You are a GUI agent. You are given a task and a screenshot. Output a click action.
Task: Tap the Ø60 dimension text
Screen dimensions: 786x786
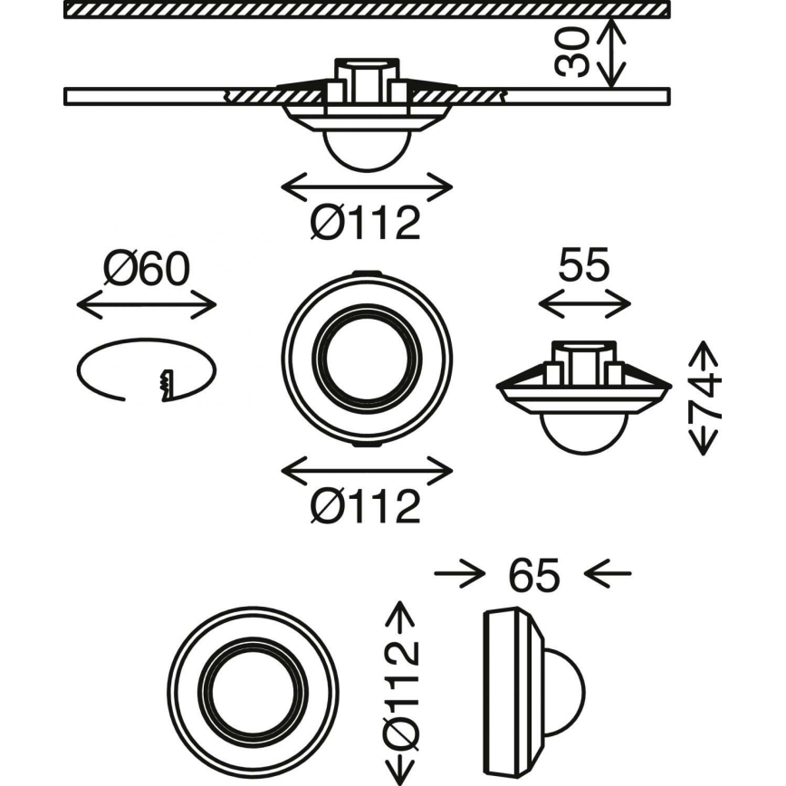(x=146, y=268)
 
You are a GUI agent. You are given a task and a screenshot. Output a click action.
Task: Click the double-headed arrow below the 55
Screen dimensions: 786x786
(x=584, y=304)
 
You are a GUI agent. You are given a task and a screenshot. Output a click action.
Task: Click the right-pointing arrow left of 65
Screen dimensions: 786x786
(x=457, y=573)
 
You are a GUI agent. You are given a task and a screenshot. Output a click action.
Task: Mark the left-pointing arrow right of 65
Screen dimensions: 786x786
(x=607, y=573)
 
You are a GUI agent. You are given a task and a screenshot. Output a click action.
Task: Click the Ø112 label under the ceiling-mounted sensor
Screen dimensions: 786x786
(x=366, y=223)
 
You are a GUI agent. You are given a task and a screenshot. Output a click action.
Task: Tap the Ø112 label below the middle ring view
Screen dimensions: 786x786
(x=366, y=505)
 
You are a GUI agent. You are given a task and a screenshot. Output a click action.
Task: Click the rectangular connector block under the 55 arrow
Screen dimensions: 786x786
(x=584, y=361)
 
